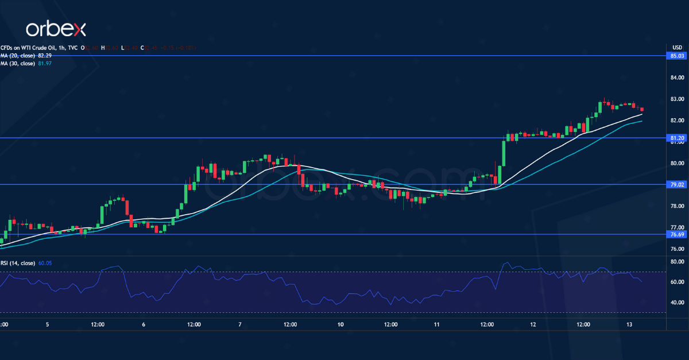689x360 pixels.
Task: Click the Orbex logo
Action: click(x=56, y=29)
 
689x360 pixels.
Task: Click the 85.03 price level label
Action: click(x=677, y=56)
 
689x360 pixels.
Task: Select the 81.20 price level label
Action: click(x=677, y=138)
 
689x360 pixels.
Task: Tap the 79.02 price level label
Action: click(x=677, y=185)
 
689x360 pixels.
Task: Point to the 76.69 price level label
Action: click(x=677, y=234)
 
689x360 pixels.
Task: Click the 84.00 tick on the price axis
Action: click(x=677, y=78)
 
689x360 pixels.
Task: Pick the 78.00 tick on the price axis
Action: click(x=677, y=206)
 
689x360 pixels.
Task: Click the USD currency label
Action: click(x=677, y=47)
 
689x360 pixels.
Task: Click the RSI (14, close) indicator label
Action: click(x=17, y=263)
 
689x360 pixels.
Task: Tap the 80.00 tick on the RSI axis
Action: click(x=677, y=261)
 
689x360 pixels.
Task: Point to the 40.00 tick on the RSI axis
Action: click(x=677, y=302)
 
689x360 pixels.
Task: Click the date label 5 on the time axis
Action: click(x=47, y=324)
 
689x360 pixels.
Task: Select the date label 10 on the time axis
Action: click(x=340, y=324)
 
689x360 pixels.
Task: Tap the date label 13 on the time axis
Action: click(x=630, y=324)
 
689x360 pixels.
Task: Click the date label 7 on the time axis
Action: click(x=239, y=324)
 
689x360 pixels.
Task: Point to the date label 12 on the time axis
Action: click(x=533, y=324)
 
